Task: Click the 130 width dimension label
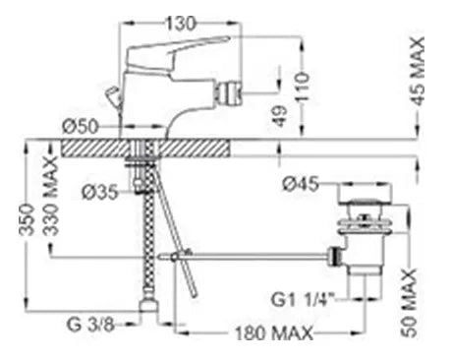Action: [181, 24]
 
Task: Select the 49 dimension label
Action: [281, 116]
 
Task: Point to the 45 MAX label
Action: [418, 71]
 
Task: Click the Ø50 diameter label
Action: [81, 127]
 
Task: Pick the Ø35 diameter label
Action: [99, 192]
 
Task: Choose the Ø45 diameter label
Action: [301, 184]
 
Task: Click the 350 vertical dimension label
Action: [27, 219]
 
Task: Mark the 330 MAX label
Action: [51, 197]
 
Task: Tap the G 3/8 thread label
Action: [90, 325]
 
